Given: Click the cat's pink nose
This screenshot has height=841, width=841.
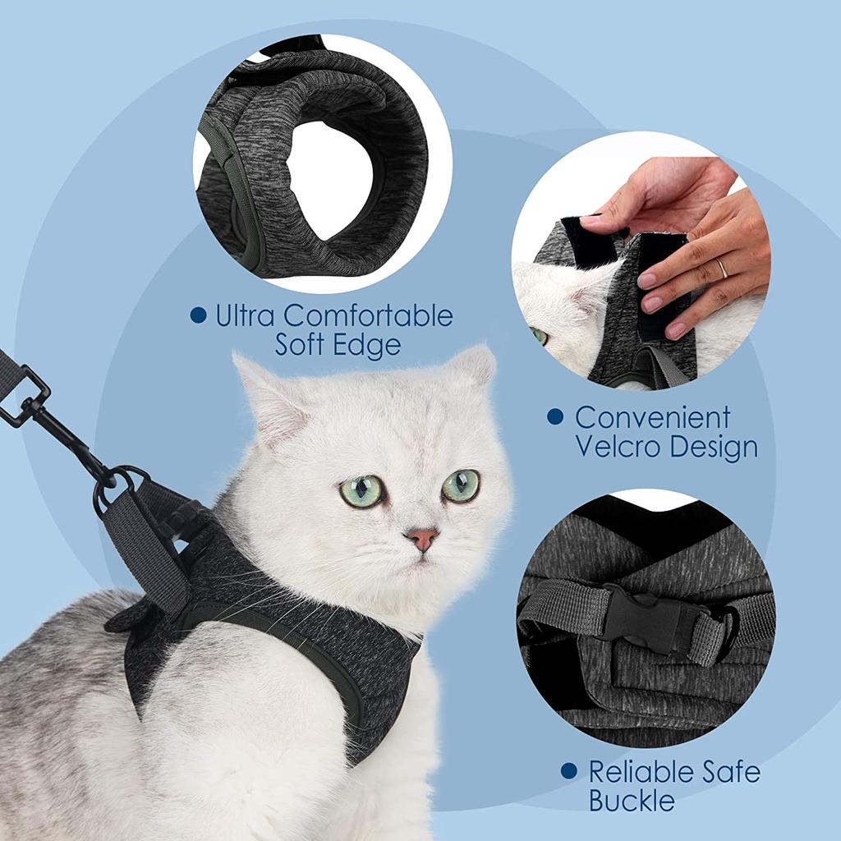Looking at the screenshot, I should pyautogui.click(x=421, y=539).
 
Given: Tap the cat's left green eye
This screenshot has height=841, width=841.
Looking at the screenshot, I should pyautogui.click(x=362, y=490).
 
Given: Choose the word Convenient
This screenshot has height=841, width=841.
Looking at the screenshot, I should pyautogui.click(x=652, y=417).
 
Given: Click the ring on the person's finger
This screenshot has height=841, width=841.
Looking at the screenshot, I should pyautogui.click(x=722, y=269).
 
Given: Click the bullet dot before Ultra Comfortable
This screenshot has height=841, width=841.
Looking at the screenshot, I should pyautogui.click(x=198, y=315).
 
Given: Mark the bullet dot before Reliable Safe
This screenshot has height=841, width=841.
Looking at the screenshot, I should pyautogui.click(x=568, y=771).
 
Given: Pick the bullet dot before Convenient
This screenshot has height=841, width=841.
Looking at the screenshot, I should pyautogui.click(x=555, y=417).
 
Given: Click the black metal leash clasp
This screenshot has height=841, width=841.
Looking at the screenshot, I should pyautogui.click(x=49, y=419).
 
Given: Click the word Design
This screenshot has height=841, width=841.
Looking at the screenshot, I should pyautogui.click(x=713, y=447).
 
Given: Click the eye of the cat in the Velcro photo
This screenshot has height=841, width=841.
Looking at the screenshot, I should pyautogui.click(x=539, y=335).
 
